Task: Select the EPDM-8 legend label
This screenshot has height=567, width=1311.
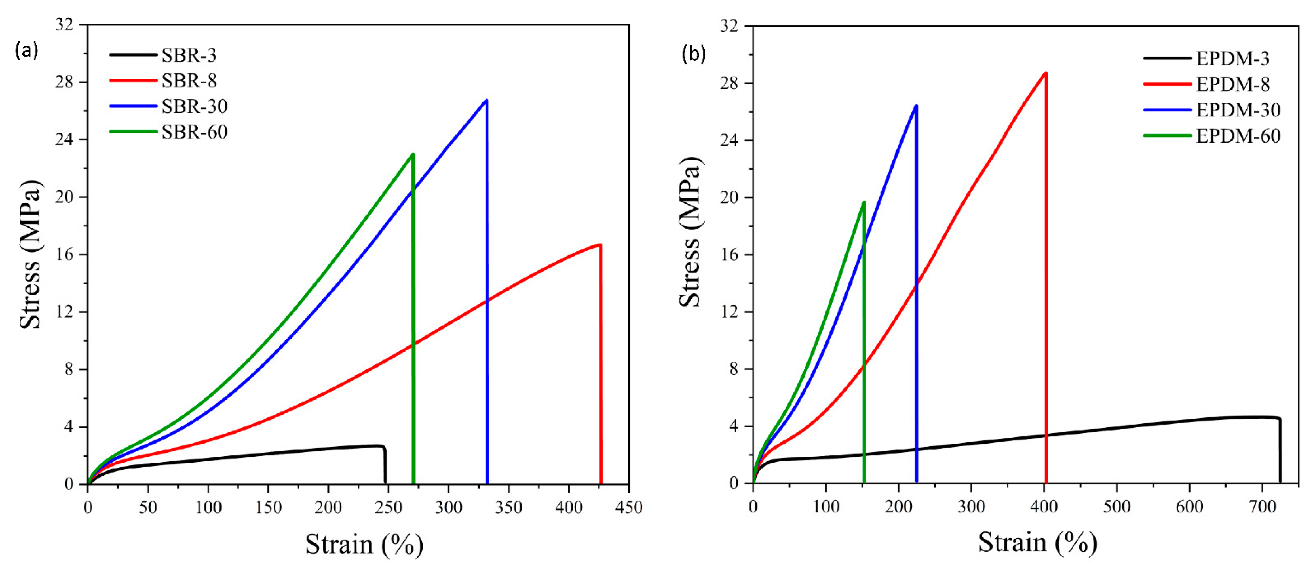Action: point(1232,85)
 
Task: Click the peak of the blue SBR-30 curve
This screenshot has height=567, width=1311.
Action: point(487,100)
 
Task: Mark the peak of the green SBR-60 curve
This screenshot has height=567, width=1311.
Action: point(413,154)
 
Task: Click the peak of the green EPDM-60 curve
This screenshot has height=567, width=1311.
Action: point(864,202)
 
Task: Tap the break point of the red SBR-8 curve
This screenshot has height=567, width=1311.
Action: point(601,245)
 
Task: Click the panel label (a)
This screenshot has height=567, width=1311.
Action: point(27,51)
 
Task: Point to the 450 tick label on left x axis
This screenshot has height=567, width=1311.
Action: point(629,507)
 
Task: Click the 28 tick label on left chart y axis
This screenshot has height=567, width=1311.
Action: point(65,82)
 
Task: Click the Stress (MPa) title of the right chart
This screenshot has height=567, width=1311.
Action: point(691,232)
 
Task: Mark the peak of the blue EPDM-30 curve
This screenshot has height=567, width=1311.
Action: point(916,106)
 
